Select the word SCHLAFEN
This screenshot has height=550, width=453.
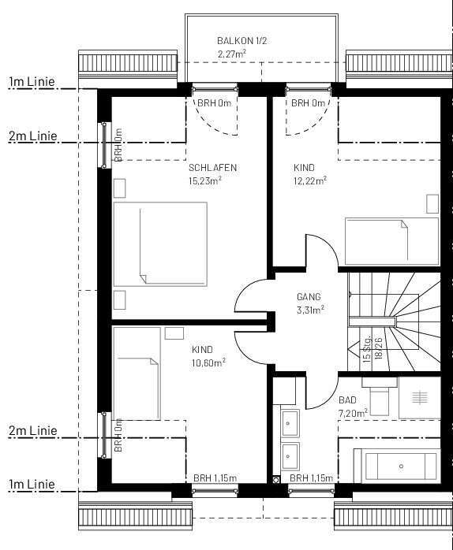point(212,168)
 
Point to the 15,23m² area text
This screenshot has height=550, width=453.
point(204,180)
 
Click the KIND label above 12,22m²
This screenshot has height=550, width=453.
point(304,168)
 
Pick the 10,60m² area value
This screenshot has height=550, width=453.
point(208,362)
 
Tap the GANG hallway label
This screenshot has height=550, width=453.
point(309,297)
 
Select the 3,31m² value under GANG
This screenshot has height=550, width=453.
point(310,310)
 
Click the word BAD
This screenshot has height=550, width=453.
point(347,400)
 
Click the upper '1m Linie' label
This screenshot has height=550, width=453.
point(33,81)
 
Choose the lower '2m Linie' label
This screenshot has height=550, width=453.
point(33,431)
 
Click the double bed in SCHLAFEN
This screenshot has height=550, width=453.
point(160,244)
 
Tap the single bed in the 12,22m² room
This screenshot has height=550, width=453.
point(391,241)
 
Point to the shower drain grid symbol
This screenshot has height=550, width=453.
point(419,399)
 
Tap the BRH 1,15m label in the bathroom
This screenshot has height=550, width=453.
point(311,478)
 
